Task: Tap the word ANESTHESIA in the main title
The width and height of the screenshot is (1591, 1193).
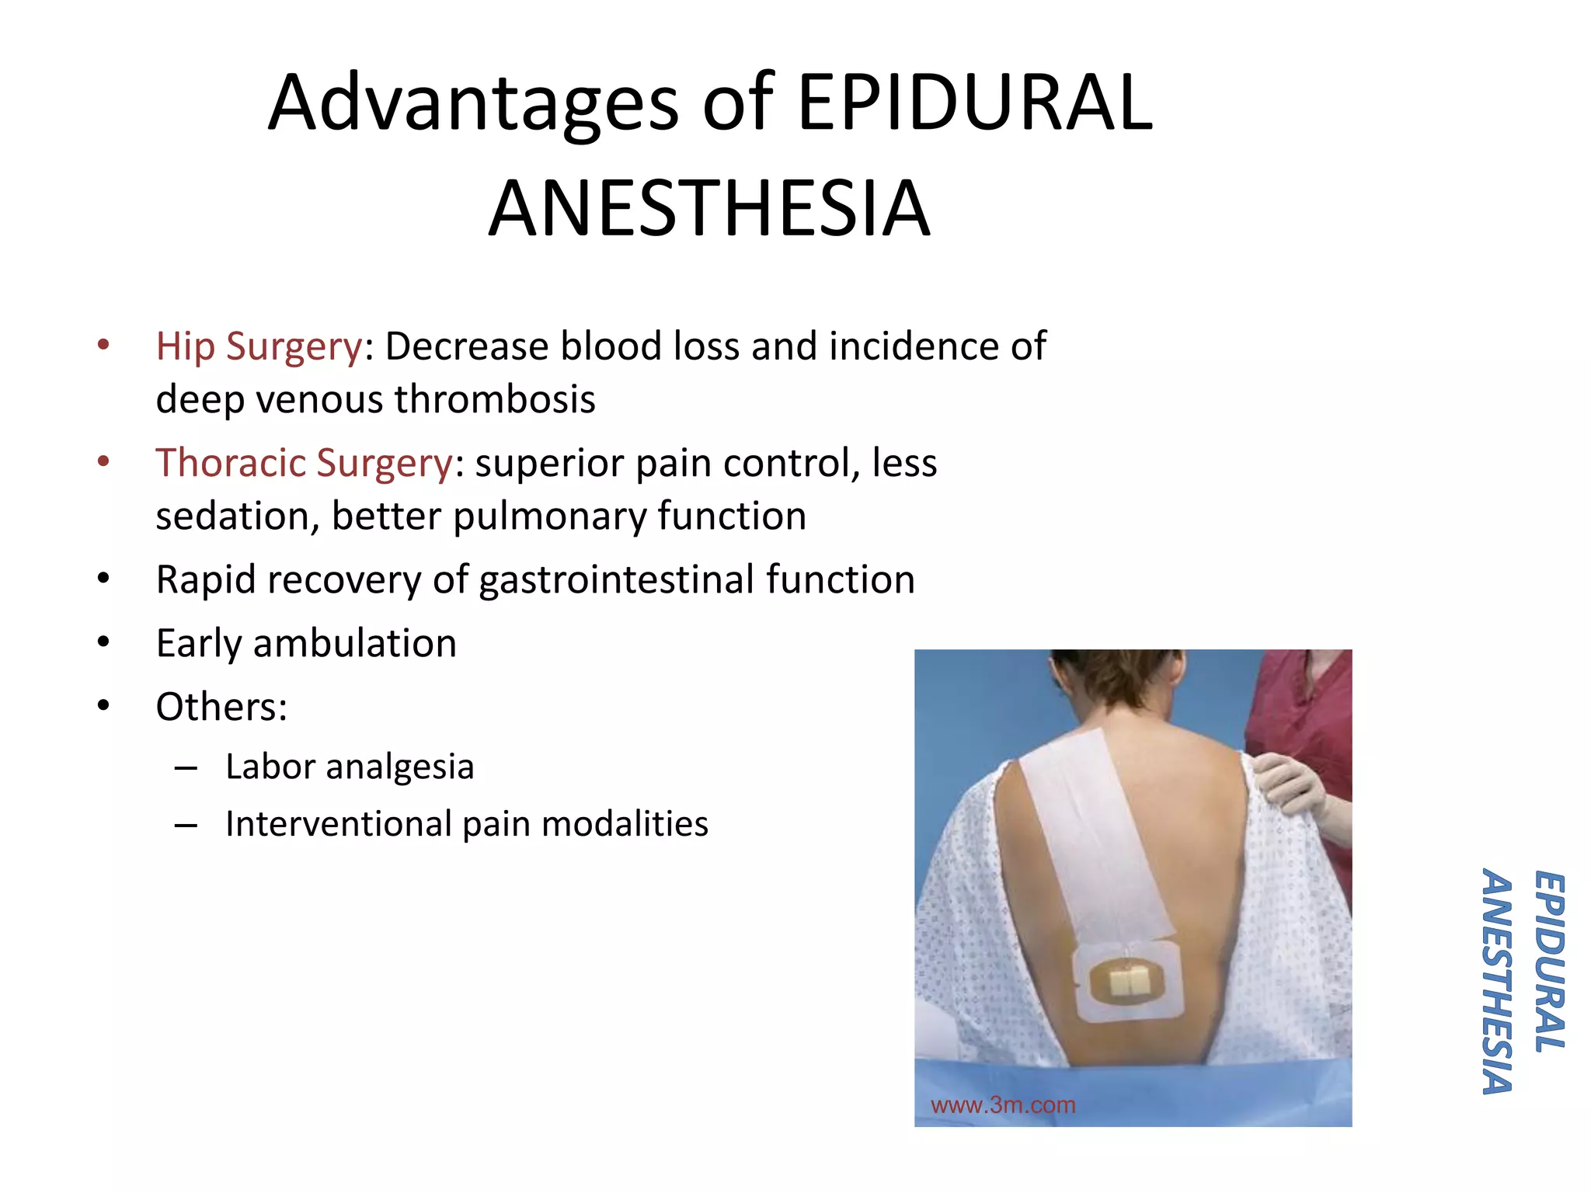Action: [x=708, y=208]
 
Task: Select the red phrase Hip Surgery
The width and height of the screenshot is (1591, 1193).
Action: [x=259, y=346]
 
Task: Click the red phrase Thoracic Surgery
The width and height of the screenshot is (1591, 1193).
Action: [x=304, y=463]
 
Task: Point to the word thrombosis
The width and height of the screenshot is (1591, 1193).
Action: [x=495, y=399]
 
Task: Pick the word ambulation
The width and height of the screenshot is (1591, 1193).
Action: [x=355, y=643]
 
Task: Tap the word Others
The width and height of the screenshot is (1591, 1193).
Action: [x=218, y=707]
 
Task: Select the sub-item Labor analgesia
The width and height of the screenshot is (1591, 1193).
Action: [x=350, y=767]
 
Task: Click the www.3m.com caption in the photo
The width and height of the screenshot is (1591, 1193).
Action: [x=1003, y=1105]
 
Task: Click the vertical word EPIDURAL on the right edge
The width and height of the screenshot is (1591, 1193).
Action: [x=1549, y=962]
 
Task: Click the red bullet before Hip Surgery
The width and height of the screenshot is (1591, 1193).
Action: [x=103, y=345]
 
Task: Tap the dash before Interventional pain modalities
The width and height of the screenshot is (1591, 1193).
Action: [x=186, y=825]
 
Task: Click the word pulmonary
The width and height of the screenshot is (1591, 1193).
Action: [x=550, y=517]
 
